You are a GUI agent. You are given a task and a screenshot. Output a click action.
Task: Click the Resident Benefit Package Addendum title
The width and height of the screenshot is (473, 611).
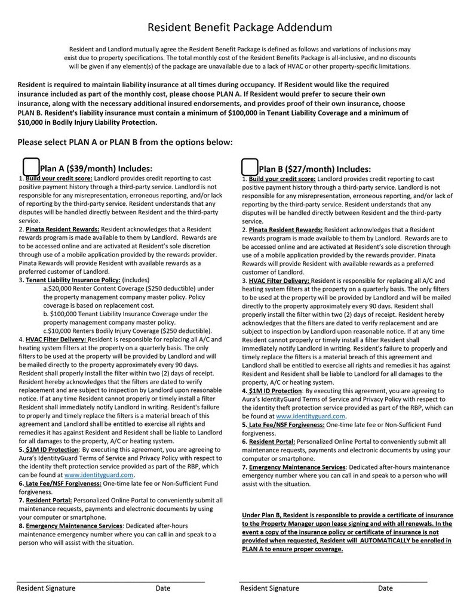(x=239, y=27)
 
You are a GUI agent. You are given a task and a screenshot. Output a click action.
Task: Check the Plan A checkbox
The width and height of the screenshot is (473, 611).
(x=30, y=166)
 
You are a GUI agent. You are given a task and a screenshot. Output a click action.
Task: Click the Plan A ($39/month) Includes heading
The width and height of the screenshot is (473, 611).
(x=96, y=168)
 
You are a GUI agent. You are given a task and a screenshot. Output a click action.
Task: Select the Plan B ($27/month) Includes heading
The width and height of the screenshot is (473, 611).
(x=315, y=169)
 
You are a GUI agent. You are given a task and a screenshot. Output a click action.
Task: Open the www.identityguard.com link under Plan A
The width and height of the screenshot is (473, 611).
(x=99, y=475)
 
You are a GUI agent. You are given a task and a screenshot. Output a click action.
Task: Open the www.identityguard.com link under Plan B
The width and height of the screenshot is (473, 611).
(x=311, y=416)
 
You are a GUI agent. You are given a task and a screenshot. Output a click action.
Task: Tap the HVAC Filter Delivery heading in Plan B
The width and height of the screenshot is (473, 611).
(x=279, y=280)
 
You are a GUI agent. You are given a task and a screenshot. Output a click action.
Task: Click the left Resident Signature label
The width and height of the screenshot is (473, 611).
(x=46, y=588)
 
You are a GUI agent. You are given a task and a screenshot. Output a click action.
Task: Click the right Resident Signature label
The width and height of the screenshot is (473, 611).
(x=269, y=588)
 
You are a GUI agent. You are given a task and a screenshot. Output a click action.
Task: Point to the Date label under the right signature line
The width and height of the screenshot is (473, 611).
(x=385, y=588)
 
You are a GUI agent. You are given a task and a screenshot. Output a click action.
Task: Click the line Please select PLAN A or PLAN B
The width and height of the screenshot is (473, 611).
(x=125, y=142)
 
